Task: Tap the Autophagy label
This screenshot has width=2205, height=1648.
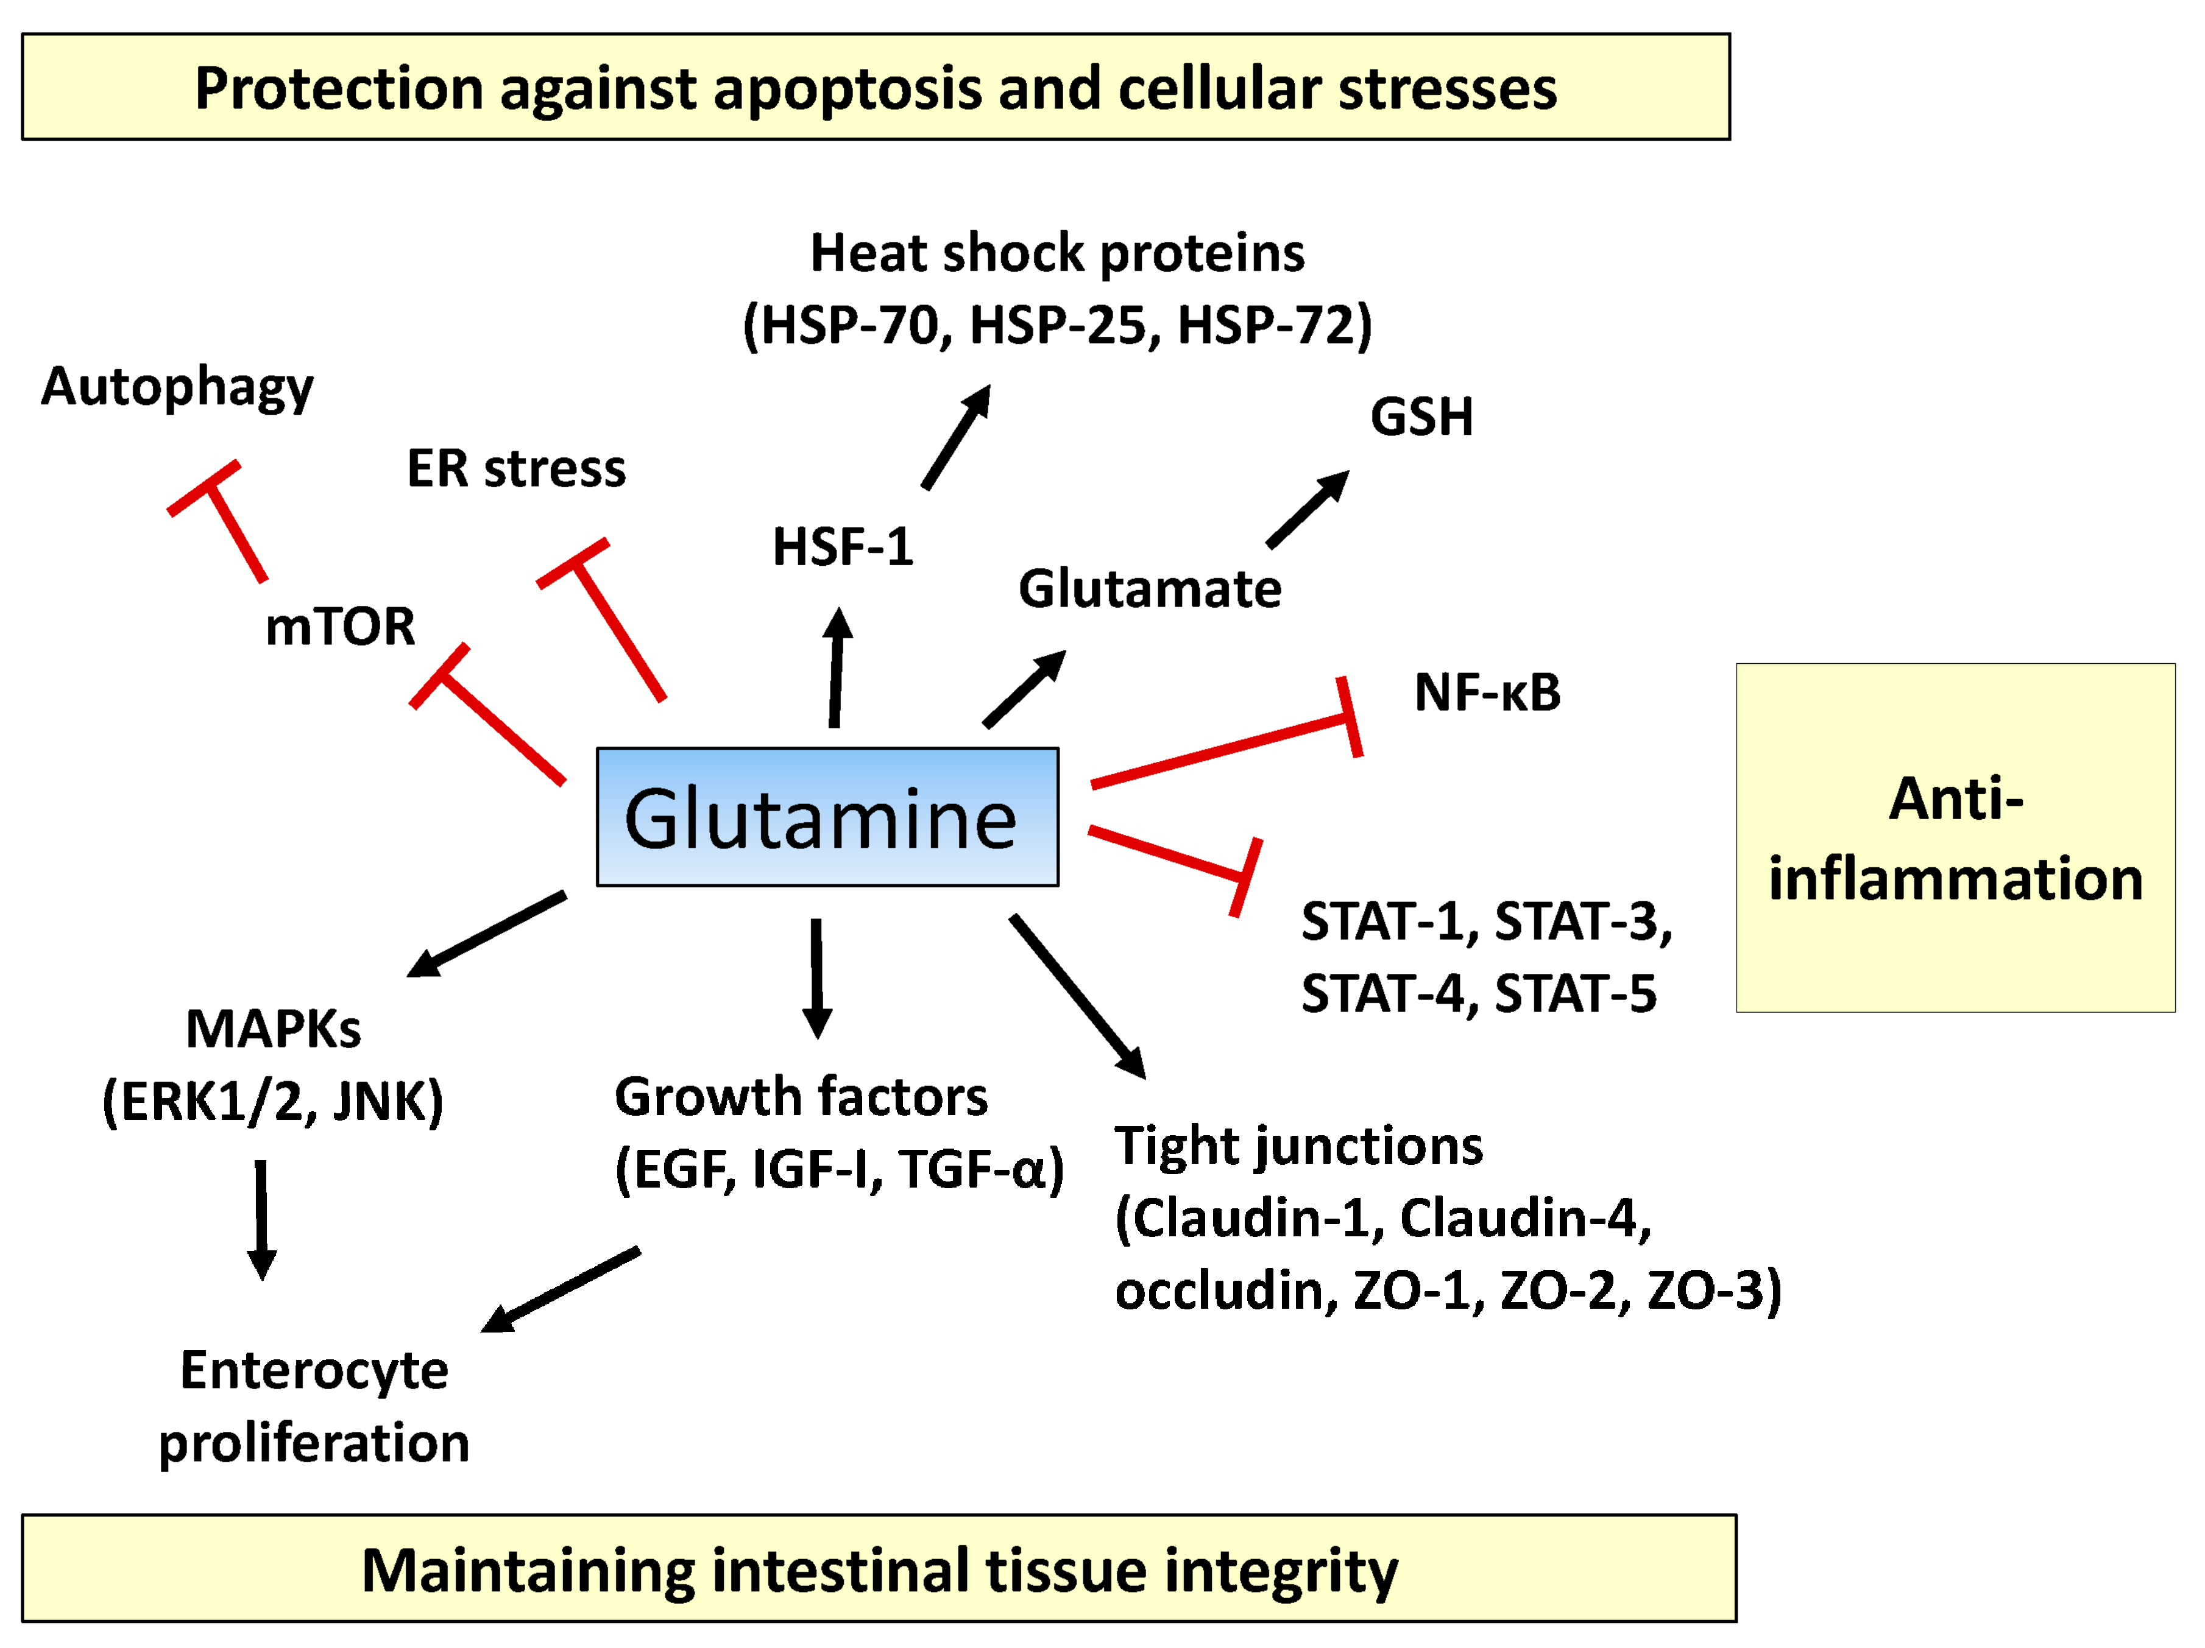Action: pos(177,387)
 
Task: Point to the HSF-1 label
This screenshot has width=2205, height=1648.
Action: pos(842,547)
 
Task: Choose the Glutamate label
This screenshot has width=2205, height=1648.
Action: pos(1149,589)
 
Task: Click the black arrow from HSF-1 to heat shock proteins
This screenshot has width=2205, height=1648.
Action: pos(955,438)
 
